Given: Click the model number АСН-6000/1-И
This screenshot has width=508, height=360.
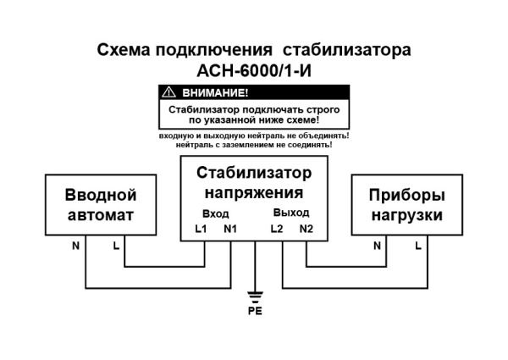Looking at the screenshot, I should point(254,69).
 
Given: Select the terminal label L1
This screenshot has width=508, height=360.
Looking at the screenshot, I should point(201,229).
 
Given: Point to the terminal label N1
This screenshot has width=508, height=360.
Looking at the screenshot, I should point(230,229).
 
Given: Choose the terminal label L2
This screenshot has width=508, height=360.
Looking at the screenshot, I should point(277,229).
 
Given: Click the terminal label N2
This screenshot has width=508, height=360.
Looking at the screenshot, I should point(306,229).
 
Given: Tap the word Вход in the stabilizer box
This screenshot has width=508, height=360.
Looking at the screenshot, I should point(216,213).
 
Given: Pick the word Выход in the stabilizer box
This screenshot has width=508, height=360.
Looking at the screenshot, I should point(291,213).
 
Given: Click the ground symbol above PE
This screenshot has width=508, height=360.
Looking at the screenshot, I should point(254,296).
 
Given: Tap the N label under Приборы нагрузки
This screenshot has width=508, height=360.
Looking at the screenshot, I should point(377,246).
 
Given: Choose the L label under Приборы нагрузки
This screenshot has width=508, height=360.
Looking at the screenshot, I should point(417,246).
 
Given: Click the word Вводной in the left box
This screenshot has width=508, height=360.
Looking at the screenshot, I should point(101,196).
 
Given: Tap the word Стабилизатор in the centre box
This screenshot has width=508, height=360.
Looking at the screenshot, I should point(254,174).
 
